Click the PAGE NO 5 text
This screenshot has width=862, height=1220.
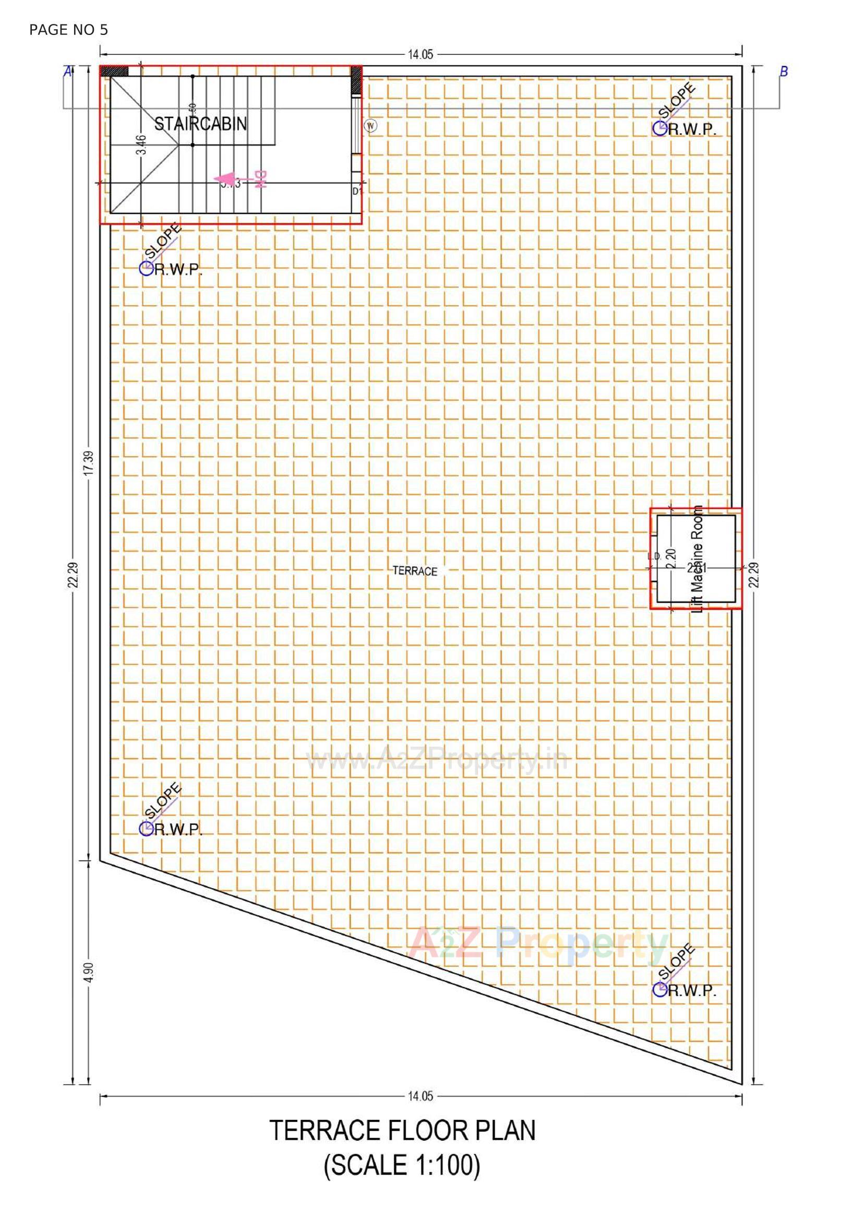point(68,30)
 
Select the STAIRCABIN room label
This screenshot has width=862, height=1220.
point(200,124)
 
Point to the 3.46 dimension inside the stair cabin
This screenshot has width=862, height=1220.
point(141,145)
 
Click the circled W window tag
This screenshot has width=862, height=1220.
point(371,126)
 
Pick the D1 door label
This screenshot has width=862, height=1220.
point(356,192)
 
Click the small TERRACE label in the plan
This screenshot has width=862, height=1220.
point(415,571)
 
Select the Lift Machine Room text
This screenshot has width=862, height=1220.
point(698,558)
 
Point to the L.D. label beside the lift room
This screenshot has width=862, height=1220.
point(654,556)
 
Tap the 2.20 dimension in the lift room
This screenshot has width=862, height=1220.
point(671,559)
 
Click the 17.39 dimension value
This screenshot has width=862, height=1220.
point(89,463)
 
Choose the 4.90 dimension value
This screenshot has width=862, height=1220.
point(89,971)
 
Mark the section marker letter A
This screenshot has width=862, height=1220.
point(67,71)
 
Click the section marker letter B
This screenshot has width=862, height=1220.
point(783,71)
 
